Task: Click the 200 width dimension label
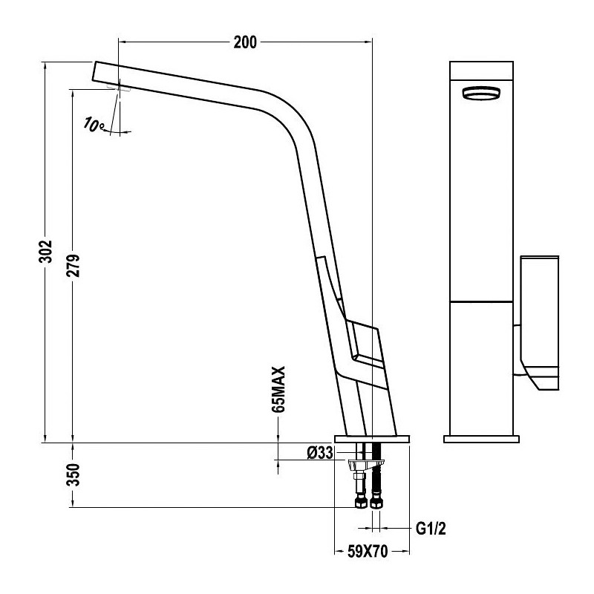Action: pyautogui.click(x=245, y=42)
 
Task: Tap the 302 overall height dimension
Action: pyautogui.click(x=45, y=251)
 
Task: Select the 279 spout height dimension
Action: pyautogui.click(x=74, y=266)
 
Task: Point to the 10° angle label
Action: pyautogui.click(x=94, y=125)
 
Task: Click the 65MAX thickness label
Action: pyautogui.click(x=278, y=389)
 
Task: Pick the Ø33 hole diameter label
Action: pyautogui.click(x=320, y=453)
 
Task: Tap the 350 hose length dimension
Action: pyautogui.click(x=74, y=474)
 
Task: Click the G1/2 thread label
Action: pyautogui.click(x=431, y=529)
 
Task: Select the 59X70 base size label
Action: pyautogui.click(x=368, y=552)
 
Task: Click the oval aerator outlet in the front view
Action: pyautogui.click(x=481, y=94)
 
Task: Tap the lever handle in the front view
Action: pyautogui.click(x=540, y=323)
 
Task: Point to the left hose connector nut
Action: pyautogui.click(x=360, y=503)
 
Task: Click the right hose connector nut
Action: pyautogui.click(x=376, y=503)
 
